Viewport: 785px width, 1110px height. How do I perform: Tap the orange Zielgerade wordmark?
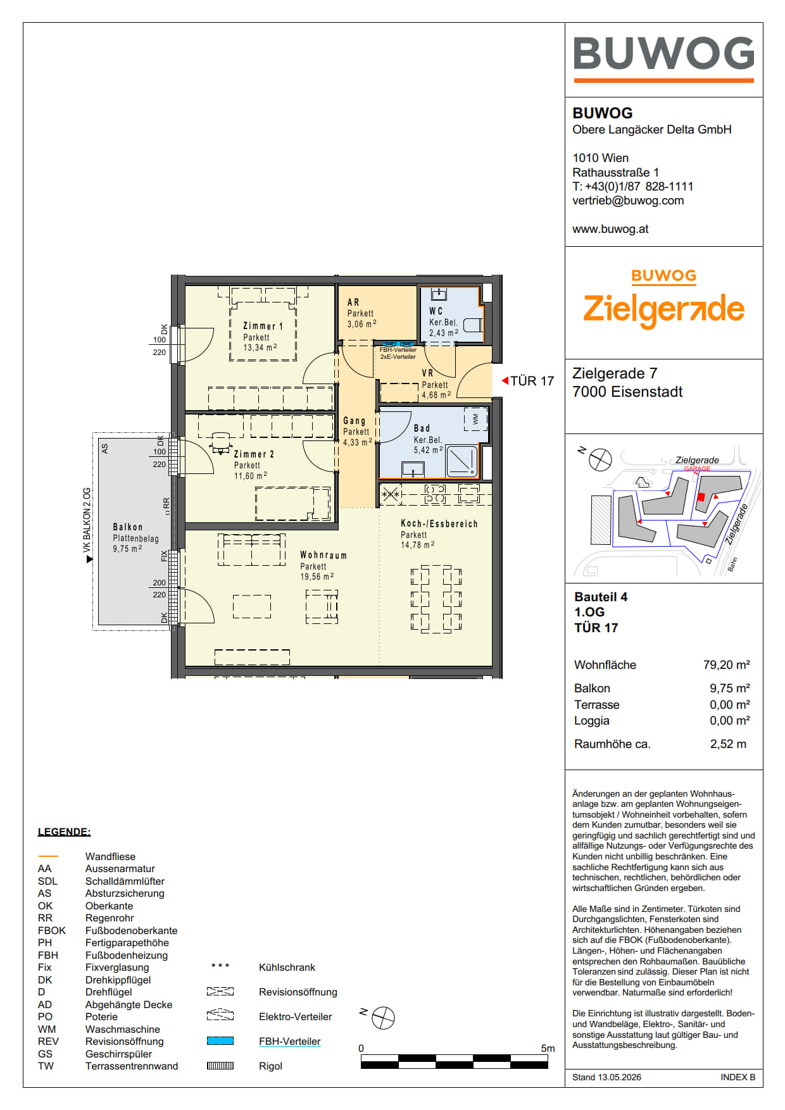coord(663,309)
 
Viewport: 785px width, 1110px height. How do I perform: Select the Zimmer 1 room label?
coord(263,326)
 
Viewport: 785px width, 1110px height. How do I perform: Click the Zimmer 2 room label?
coord(254,454)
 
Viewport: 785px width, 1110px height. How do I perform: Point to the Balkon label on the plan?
coord(128,527)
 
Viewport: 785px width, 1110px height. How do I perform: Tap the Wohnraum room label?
coord(323,555)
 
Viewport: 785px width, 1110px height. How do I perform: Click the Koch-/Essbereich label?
coord(439,523)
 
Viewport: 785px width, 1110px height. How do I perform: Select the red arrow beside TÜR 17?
coord(505,380)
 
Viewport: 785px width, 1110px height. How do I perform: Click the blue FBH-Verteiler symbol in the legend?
coord(220,1040)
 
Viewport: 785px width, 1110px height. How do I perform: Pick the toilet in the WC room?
coord(473,325)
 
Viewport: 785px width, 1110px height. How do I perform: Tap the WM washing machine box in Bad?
coord(475,419)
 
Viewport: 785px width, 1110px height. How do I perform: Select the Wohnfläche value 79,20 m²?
coord(727,664)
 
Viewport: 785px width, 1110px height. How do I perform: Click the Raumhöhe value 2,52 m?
coord(728,744)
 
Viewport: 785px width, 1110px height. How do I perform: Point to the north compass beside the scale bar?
coord(383,1018)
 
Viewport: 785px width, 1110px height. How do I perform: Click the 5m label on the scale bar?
coord(548,1048)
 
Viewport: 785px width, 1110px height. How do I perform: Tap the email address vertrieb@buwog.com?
coord(628,201)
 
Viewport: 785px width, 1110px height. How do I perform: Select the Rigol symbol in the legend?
coord(220,1066)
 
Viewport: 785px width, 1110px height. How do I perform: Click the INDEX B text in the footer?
coord(738,1077)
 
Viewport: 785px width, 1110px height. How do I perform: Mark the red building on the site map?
coord(701,497)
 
